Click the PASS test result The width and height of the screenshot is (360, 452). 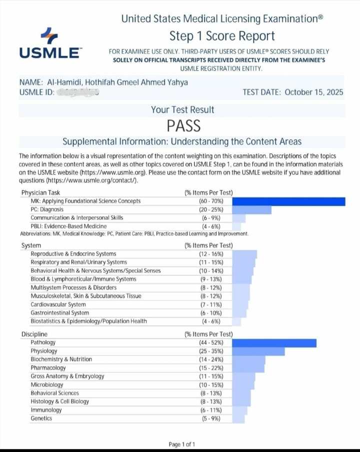[183, 125]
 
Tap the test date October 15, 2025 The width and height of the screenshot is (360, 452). [292, 92]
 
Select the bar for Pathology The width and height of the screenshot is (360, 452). [274, 342]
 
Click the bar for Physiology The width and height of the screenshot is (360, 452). [258, 351]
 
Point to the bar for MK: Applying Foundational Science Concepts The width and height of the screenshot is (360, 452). [288, 201]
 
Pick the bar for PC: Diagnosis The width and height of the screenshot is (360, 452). [251, 209]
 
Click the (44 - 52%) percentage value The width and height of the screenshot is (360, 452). [211, 342]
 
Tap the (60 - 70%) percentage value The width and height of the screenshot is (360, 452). [211, 201]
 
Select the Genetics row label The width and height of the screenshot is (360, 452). [41, 418]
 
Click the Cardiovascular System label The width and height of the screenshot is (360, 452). [58, 304]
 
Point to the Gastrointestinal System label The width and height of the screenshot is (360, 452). [59, 312]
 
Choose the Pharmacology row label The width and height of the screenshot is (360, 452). [48, 367]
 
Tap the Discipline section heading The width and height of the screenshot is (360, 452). [34, 334]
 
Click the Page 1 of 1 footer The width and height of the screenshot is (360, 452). [182, 444]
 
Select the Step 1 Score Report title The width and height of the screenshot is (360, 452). [222, 36]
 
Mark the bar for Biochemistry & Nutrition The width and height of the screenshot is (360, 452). [248, 359]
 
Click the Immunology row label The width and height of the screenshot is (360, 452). [46, 409]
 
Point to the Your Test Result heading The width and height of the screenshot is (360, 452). [182, 109]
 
